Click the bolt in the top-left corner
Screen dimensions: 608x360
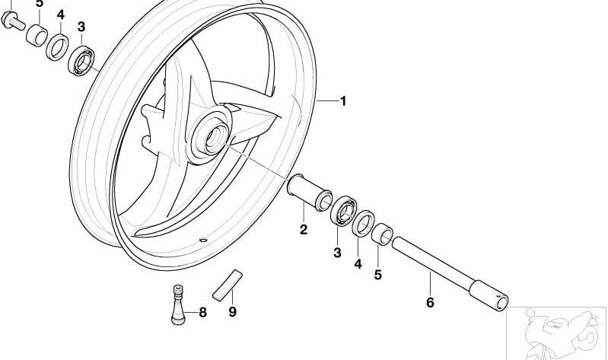(13, 21)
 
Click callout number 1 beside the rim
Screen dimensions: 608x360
(342, 101)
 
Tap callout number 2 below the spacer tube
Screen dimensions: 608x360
(303, 230)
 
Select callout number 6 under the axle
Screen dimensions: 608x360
(430, 302)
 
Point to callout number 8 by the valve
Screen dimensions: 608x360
(203, 312)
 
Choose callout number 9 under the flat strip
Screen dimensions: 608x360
(232, 311)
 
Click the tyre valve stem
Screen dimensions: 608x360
(178, 305)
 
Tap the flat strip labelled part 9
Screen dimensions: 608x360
(228, 285)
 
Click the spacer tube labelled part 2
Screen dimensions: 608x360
(310, 193)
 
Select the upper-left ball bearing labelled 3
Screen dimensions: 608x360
(81, 61)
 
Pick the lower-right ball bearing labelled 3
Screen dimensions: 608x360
(344, 211)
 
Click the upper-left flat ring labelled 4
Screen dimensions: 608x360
(58, 47)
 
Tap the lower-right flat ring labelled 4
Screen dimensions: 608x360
(363, 224)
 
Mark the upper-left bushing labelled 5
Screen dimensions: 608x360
(37, 35)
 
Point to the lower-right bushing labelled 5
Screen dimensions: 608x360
(382, 234)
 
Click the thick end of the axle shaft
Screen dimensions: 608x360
(489, 295)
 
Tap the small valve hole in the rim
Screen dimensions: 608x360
(203, 239)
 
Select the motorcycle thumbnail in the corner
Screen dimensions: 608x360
(557, 333)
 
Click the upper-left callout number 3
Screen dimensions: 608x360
(81, 27)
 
